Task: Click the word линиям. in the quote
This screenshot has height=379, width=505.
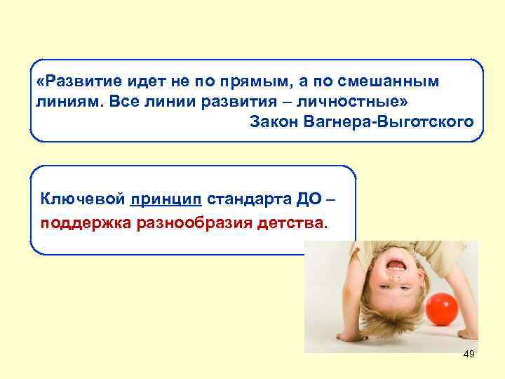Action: pos(64,102)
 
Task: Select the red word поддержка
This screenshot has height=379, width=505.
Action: pos(78,225)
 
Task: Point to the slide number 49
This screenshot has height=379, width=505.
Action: pos(469,354)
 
